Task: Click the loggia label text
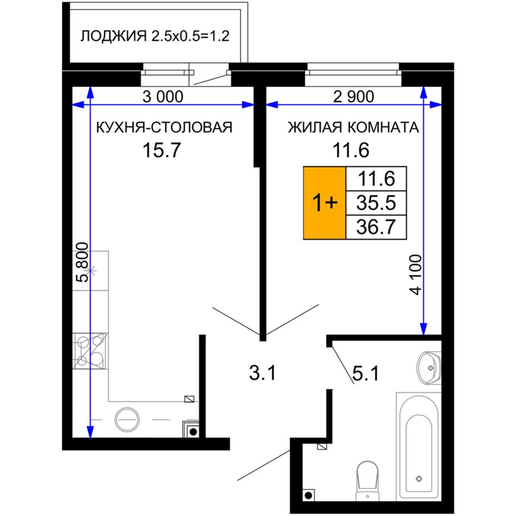(155, 36)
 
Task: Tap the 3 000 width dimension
(162, 97)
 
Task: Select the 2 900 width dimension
(354, 97)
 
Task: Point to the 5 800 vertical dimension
(82, 262)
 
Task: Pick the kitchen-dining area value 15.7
(161, 150)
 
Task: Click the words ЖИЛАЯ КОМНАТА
(354, 127)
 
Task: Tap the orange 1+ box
(324, 203)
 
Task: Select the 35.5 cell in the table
(376, 203)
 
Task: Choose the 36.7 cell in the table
(376, 227)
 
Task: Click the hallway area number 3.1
(262, 374)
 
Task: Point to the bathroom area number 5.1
(366, 374)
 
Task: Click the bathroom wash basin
(429, 368)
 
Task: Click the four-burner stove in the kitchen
(90, 351)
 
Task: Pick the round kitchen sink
(127, 419)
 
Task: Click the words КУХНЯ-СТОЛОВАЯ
(164, 127)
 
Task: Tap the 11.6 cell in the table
(376, 179)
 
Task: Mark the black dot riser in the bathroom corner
(309, 495)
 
